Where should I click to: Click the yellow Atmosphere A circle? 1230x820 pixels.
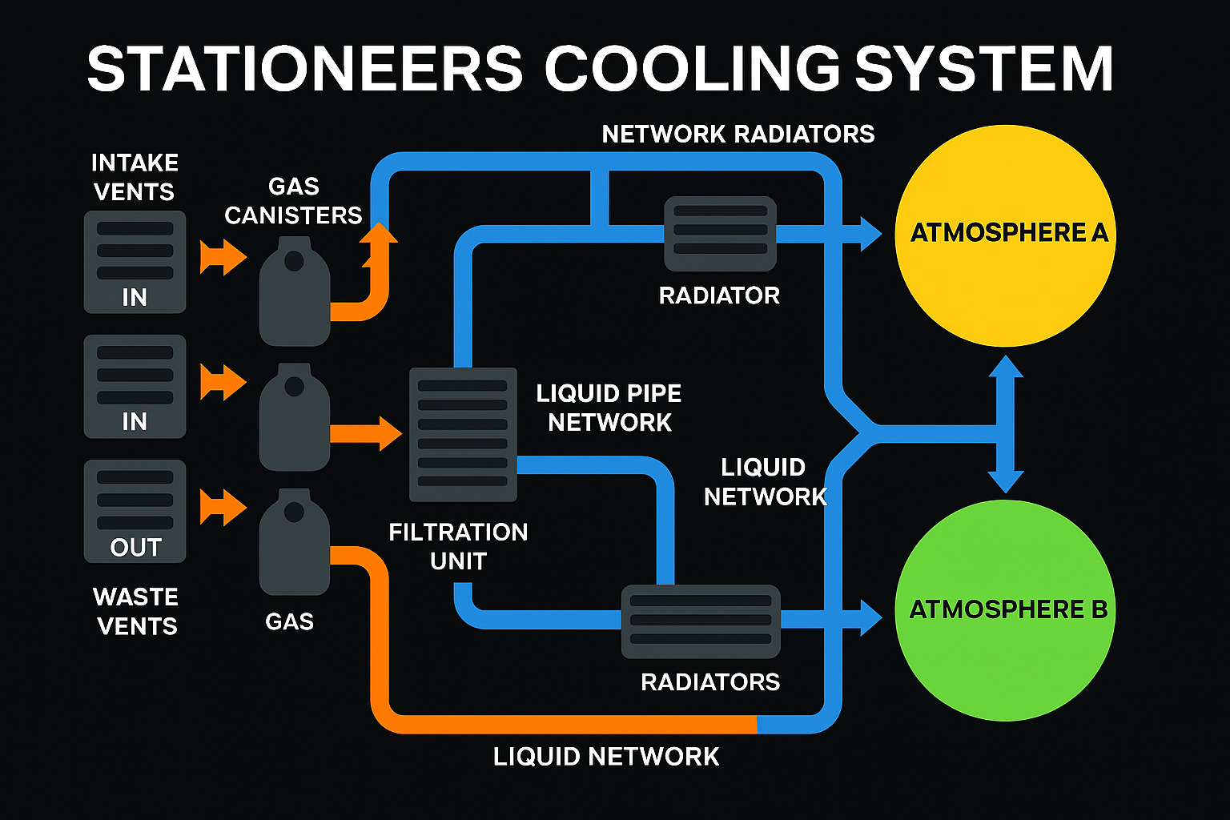[1005, 235]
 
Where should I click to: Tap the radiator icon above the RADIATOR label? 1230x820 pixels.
[720, 233]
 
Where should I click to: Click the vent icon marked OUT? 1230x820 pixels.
[135, 511]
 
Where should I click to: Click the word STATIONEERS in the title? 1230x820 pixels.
[304, 69]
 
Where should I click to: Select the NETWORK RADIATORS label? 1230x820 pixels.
[738, 134]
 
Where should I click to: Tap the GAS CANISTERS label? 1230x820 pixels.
[293, 201]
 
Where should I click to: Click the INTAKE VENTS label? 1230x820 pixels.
[134, 177]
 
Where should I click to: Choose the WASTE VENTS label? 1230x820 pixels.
[136, 611]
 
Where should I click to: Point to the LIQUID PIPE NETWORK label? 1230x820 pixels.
[609, 408]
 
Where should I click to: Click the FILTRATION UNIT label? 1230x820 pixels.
[458, 546]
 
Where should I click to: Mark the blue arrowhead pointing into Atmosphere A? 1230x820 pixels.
[870, 234]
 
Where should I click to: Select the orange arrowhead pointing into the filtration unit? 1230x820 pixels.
[389, 434]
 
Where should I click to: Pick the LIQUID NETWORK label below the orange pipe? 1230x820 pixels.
[606, 757]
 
